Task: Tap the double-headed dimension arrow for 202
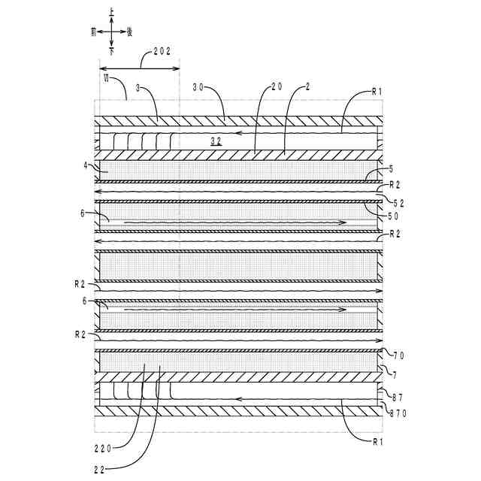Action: tap(140, 68)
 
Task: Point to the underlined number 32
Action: tap(216, 141)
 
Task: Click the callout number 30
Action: tap(199, 88)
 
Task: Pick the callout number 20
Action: tap(276, 87)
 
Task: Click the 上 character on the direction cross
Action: tap(111, 13)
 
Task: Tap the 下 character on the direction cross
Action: tap(111, 53)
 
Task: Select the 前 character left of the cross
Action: tap(92, 32)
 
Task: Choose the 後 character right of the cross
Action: tap(131, 32)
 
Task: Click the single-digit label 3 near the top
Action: tap(137, 88)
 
